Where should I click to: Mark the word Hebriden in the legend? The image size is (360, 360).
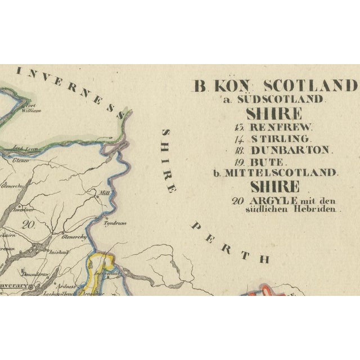point(319,209)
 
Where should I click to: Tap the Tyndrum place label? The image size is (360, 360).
point(113,223)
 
